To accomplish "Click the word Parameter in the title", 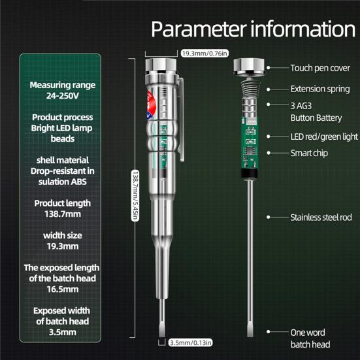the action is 199,29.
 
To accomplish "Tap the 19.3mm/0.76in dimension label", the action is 205,54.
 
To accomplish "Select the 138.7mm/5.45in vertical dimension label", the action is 135,196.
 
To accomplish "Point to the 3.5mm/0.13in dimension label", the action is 190,342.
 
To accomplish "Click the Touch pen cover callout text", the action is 320,68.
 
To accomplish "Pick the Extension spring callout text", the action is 320,89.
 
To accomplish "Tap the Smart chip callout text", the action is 309,153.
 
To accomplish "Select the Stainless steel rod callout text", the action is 321,217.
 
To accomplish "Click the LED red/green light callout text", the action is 324,137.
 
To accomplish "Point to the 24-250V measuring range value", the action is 63,95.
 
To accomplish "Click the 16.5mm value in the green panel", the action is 63,289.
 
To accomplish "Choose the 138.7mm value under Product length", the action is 63,214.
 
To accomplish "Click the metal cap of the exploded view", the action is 249,67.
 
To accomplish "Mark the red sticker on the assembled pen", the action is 152,105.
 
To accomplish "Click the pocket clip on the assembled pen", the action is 181,120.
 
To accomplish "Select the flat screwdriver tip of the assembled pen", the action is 162,318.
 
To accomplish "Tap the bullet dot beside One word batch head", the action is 268,331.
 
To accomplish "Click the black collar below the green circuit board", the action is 249,173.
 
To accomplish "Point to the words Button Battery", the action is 316,118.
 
